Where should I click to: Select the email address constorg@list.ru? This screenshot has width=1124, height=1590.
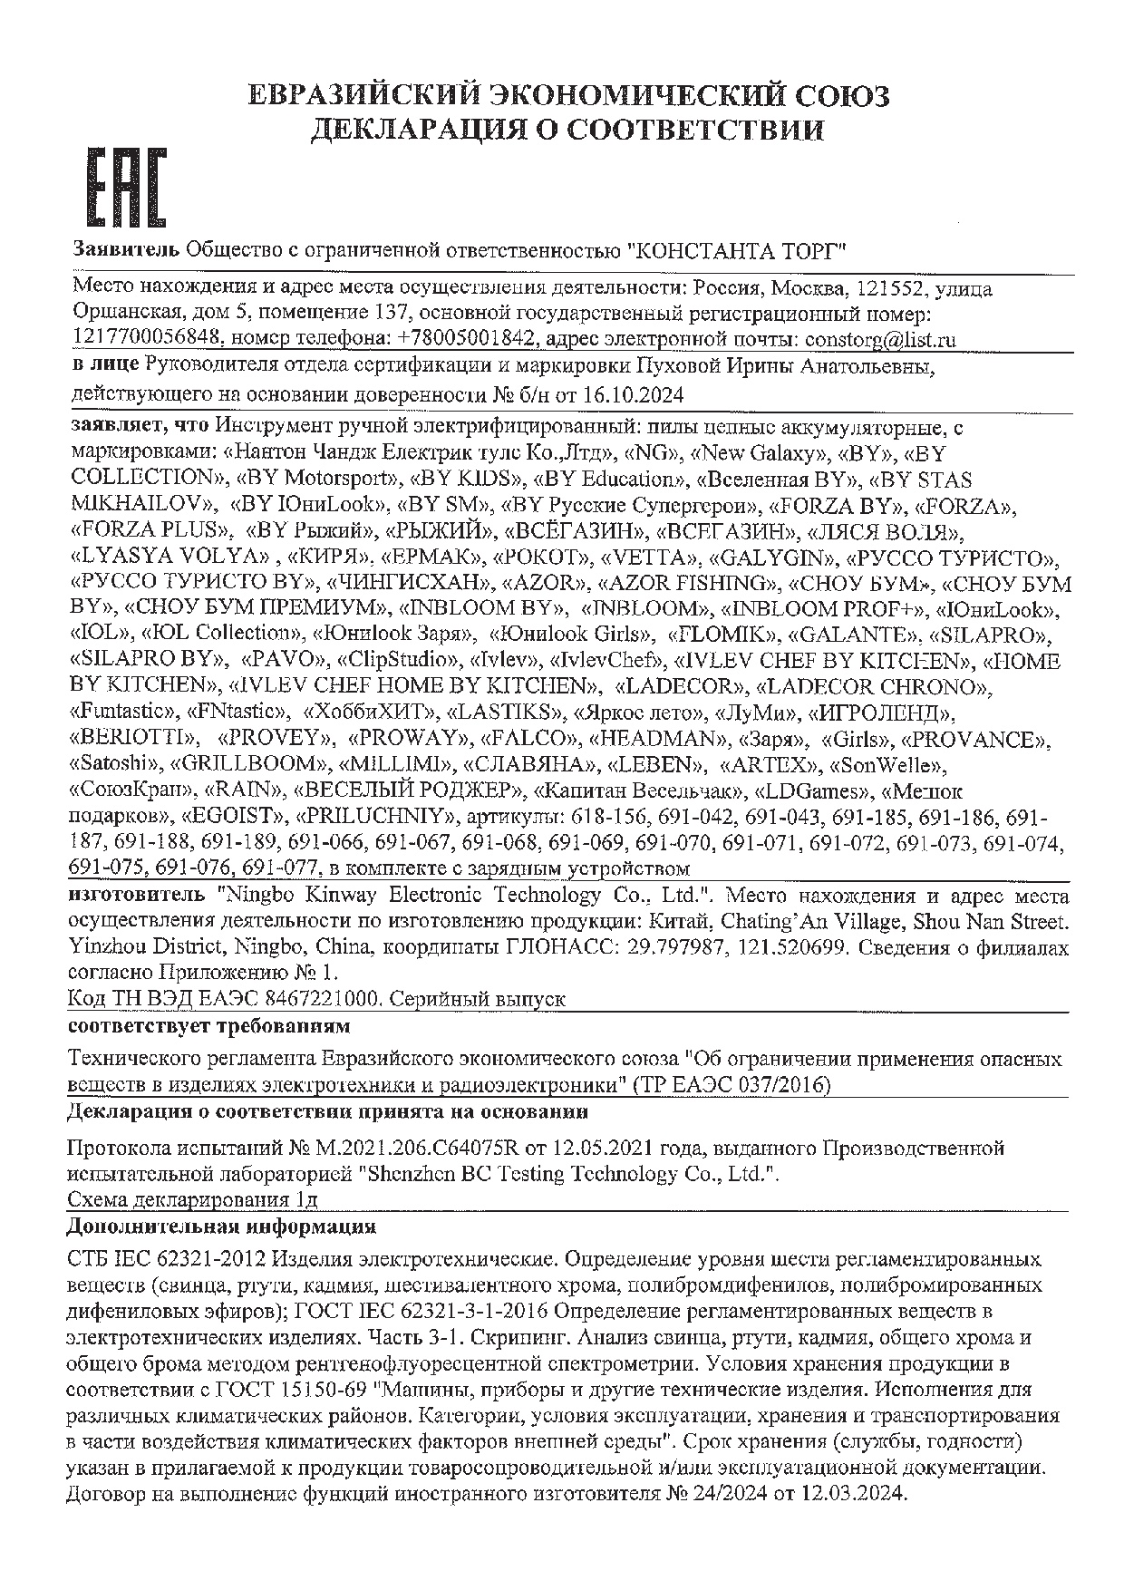click(x=880, y=340)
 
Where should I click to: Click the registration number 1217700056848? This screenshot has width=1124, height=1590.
click(x=146, y=340)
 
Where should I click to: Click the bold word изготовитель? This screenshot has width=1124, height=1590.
click(x=140, y=896)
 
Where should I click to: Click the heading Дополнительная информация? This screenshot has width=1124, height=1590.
click(x=221, y=1227)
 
